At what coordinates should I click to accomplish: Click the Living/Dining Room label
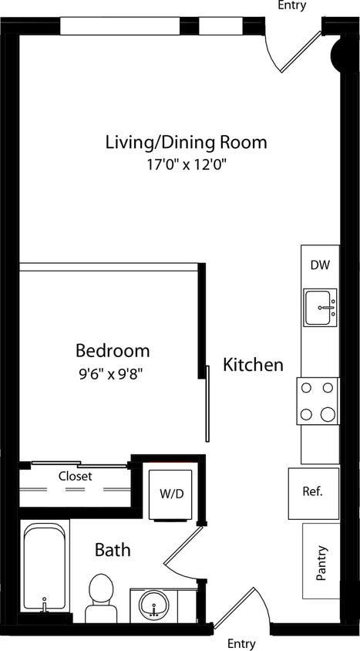pyautogui.click(x=186, y=142)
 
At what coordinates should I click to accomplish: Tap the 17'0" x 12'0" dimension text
pyautogui.click(x=186, y=164)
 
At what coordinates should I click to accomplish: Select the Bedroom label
pyautogui.click(x=113, y=351)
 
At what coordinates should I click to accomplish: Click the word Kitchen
pyautogui.click(x=253, y=365)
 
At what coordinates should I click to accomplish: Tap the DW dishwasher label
pyautogui.click(x=320, y=265)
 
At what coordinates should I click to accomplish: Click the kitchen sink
pyautogui.click(x=320, y=308)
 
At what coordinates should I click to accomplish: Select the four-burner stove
pyautogui.click(x=318, y=401)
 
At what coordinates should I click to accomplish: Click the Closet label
pyautogui.click(x=75, y=477)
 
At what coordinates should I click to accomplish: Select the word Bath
pyautogui.click(x=113, y=551)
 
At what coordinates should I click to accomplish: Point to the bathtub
pyautogui.click(x=45, y=568)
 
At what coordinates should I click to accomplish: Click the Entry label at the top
pyautogui.click(x=291, y=6)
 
